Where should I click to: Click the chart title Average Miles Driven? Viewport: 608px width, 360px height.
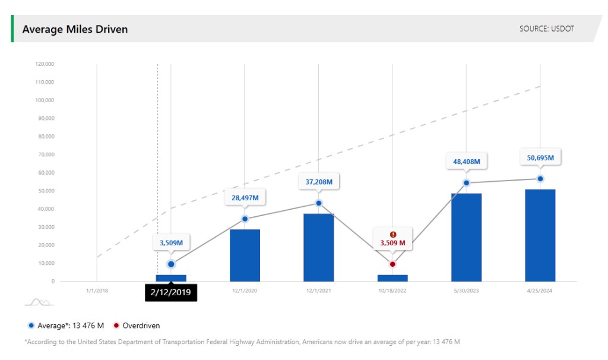click(75, 29)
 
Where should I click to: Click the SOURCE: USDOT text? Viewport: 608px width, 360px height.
click(547, 29)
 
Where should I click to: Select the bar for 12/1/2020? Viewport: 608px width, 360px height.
click(245, 255)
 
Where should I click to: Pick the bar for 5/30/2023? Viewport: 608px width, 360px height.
click(466, 237)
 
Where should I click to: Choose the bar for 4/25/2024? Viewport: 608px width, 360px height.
click(540, 235)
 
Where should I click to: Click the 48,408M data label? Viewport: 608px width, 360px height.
click(466, 161)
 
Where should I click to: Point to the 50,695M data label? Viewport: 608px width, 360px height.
click(540, 157)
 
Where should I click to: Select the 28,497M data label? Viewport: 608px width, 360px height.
click(245, 197)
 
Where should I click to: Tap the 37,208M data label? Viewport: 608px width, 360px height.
click(318, 181)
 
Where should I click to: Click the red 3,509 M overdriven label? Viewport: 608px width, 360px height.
click(392, 243)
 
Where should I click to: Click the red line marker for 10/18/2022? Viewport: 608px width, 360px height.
click(392, 264)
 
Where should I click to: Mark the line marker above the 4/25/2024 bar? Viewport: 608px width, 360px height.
click(540, 179)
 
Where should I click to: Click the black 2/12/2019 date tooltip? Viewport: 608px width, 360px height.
click(170, 292)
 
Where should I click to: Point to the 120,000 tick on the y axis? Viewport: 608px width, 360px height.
click(45, 64)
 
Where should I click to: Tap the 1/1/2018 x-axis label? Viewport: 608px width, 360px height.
click(97, 290)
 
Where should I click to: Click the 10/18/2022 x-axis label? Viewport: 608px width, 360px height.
click(392, 290)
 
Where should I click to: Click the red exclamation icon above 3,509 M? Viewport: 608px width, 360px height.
click(392, 234)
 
